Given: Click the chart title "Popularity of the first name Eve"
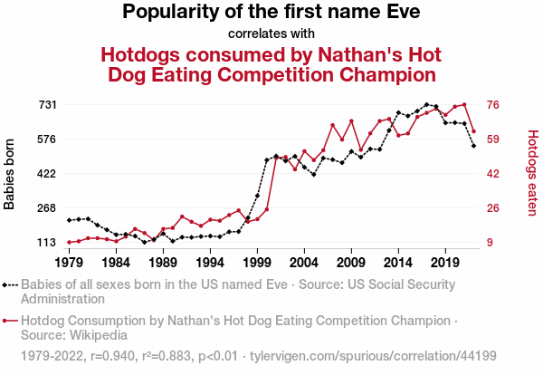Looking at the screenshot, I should pos(271,13).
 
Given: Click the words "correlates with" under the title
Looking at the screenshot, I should pos(271,34).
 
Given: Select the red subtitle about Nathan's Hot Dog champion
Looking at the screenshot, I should pos(271,63).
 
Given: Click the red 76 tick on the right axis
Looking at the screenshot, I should pos(494,105).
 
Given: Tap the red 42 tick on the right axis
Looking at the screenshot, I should pos(494,174).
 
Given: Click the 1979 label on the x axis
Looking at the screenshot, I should pos(69,263).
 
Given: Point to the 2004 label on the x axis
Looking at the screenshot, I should pos(304,263).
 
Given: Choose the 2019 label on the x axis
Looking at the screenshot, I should pos(445,263).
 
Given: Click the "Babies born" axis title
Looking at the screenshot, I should pos(10,174).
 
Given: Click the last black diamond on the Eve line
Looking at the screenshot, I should pos(473,145).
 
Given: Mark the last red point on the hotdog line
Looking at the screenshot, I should pos(473,131).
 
